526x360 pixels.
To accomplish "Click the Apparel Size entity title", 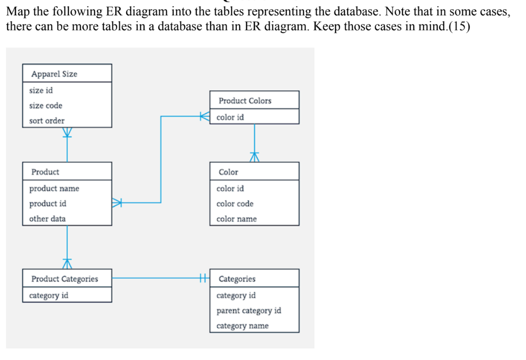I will pyautogui.click(x=54, y=74).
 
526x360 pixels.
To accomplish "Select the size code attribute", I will pyautogui.click(x=46, y=106).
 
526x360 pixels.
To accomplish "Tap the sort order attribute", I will pyautogui.click(x=47, y=120).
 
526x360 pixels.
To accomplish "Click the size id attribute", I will pyautogui.click(x=41, y=90).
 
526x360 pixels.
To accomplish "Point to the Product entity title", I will pyautogui.click(x=45, y=172).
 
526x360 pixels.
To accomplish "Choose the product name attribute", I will pyautogui.click(x=54, y=188).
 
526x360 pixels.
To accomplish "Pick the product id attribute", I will pyautogui.click(x=48, y=203).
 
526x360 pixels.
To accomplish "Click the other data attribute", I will pyautogui.click(x=47, y=218).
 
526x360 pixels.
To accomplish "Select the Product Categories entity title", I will pyautogui.click(x=65, y=279).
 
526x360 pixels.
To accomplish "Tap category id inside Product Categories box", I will pyautogui.click(x=49, y=295).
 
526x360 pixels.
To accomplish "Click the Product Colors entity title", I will pyautogui.click(x=245, y=101).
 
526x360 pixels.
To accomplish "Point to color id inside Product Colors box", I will pyautogui.click(x=230, y=117).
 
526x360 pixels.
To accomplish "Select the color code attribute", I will pyautogui.click(x=235, y=203).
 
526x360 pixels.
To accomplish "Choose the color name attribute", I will pyautogui.click(x=236, y=219).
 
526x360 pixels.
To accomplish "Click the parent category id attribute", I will pyautogui.click(x=249, y=310).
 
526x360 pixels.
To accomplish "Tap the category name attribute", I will pyautogui.click(x=243, y=326).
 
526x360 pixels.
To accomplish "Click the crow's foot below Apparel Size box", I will pyautogui.click(x=67, y=133).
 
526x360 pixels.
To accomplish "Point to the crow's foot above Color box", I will pyautogui.click(x=255, y=157).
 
